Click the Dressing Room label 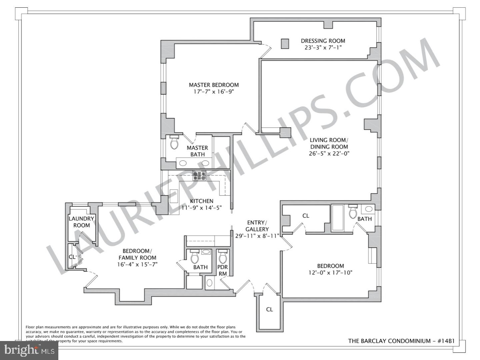pyautogui.click(x=323, y=41)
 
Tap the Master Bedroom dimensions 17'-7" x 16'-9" pyautogui.click(x=214, y=92)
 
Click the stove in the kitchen pyautogui.click(x=199, y=176)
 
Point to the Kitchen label pyautogui.click(x=202, y=201)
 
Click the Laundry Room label pyautogui.click(x=81, y=222)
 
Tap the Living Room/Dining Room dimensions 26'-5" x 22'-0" pyautogui.click(x=329, y=153)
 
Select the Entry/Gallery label pyautogui.click(x=257, y=226)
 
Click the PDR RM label pyautogui.click(x=222, y=270)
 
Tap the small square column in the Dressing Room pyautogui.click(x=285, y=44)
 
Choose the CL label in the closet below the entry pyautogui.click(x=269, y=309)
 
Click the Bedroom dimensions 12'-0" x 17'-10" pyautogui.click(x=330, y=273)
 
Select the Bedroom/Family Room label pyautogui.click(x=137, y=254)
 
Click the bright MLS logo pyautogui.click(x=29, y=350)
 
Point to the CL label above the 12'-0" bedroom pyautogui.click(x=306, y=216)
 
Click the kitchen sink pyautogui.click(x=174, y=196)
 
